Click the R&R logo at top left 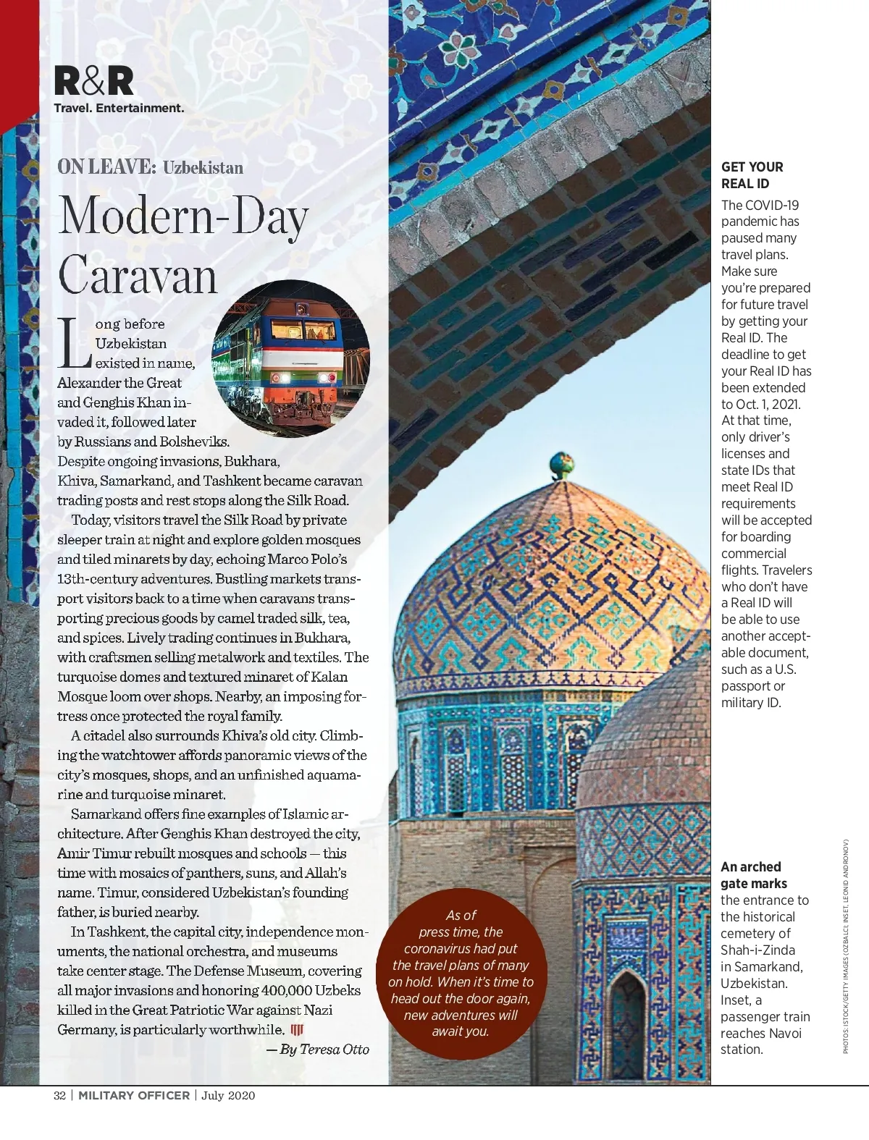click(x=94, y=81)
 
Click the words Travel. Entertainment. click(x=119, y=108)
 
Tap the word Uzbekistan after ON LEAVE click(x=203, y=168)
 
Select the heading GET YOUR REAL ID click(x=752, y=175)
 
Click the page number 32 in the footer click(x=60, y=1095)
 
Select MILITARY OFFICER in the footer click(x=134, y=1095)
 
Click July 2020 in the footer click(x=228, y=1095)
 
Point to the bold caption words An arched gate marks click(x=753, y=875)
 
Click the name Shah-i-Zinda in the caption click(x=757, y=950)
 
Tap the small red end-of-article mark click(x=296, y=1030)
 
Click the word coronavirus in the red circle click(x=440, y=948)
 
